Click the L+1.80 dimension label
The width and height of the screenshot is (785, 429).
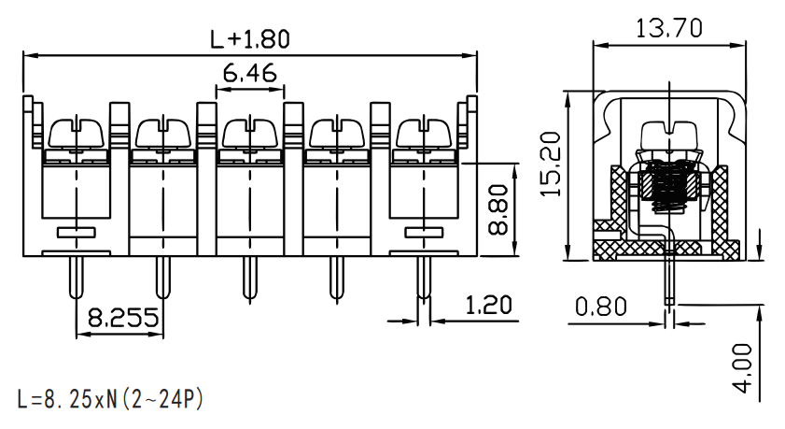pyautogui.click(x=250, y=39)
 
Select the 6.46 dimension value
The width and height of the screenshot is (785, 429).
pyautogui.click(x=250, y=74)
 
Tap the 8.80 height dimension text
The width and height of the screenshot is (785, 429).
pyautogui.click(x=498, y=210)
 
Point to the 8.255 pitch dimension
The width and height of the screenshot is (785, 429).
pyautogui.click(x=123, y=318)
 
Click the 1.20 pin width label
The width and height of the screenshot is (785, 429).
pyautogui.click(x=488, y=306)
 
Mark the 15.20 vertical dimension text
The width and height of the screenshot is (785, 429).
pyautogui.click(x=552, y=164)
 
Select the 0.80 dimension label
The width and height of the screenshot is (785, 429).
pyautogui.click(x=601, y=307)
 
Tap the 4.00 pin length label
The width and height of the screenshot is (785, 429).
pyautogui.click(x=742, y=368)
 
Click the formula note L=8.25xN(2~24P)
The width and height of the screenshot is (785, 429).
pyautogui.click(x=110, y=399)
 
